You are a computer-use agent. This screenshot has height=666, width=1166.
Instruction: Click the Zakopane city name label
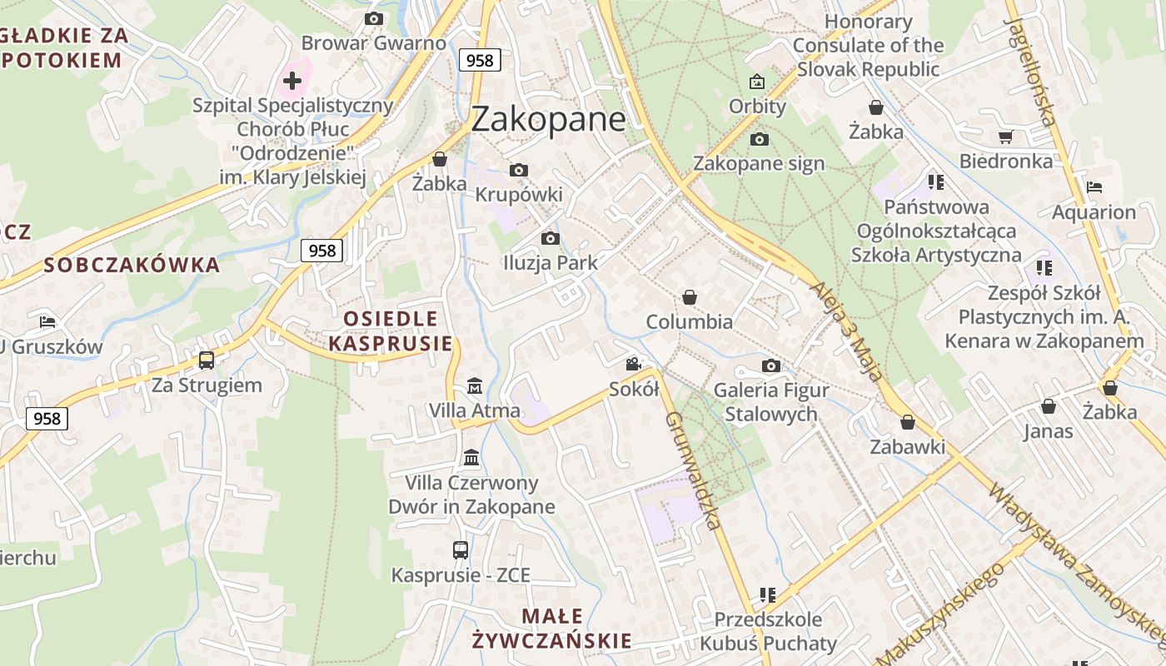pyautogui.click(x=547, y=119)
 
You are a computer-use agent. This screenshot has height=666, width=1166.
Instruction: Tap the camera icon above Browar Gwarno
pyautogui.click(x=373, y=18)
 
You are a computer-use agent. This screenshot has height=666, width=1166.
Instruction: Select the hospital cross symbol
pyautogui.click(x=291, y=81)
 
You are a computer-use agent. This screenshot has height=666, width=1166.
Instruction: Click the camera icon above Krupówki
pyautogui.click(x=518, y=171)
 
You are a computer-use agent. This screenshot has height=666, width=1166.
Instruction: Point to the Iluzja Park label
pyautogui.click(x=551, y=263)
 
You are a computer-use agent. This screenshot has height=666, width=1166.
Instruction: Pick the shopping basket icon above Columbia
pyautogui.click(x=689, y=297)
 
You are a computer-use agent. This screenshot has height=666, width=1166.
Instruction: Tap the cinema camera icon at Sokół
pyautogui.click(x=634, y=364)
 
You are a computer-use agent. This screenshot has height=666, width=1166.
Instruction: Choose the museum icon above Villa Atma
pyautogui.click(x=475, y=385)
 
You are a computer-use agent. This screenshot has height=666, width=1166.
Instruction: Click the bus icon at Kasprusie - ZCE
pyautogui.click(x=461, y=549)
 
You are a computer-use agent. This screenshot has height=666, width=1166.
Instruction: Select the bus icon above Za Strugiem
pyautogui.click(x=207, y=360)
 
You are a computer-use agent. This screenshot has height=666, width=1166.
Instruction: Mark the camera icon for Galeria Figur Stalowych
pyautogui.click(x=770, y=365)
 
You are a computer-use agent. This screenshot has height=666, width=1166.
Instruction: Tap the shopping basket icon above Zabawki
pyautogui.click(x=908, y=422)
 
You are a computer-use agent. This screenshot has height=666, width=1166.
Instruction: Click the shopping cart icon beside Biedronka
pyautogui.click(x=1005, y=137)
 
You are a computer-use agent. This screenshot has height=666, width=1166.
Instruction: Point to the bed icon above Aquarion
pyautogui.click(x=1094, y=187)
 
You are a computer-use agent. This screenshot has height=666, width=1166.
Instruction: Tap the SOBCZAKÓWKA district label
pyautogui.click(x=132, y=266)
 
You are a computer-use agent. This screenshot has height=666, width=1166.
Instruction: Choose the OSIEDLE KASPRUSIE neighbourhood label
pyautogui.click(x=391, y=331)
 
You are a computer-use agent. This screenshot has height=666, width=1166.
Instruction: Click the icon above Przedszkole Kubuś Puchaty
pyautogui.click(x=768, y=594)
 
